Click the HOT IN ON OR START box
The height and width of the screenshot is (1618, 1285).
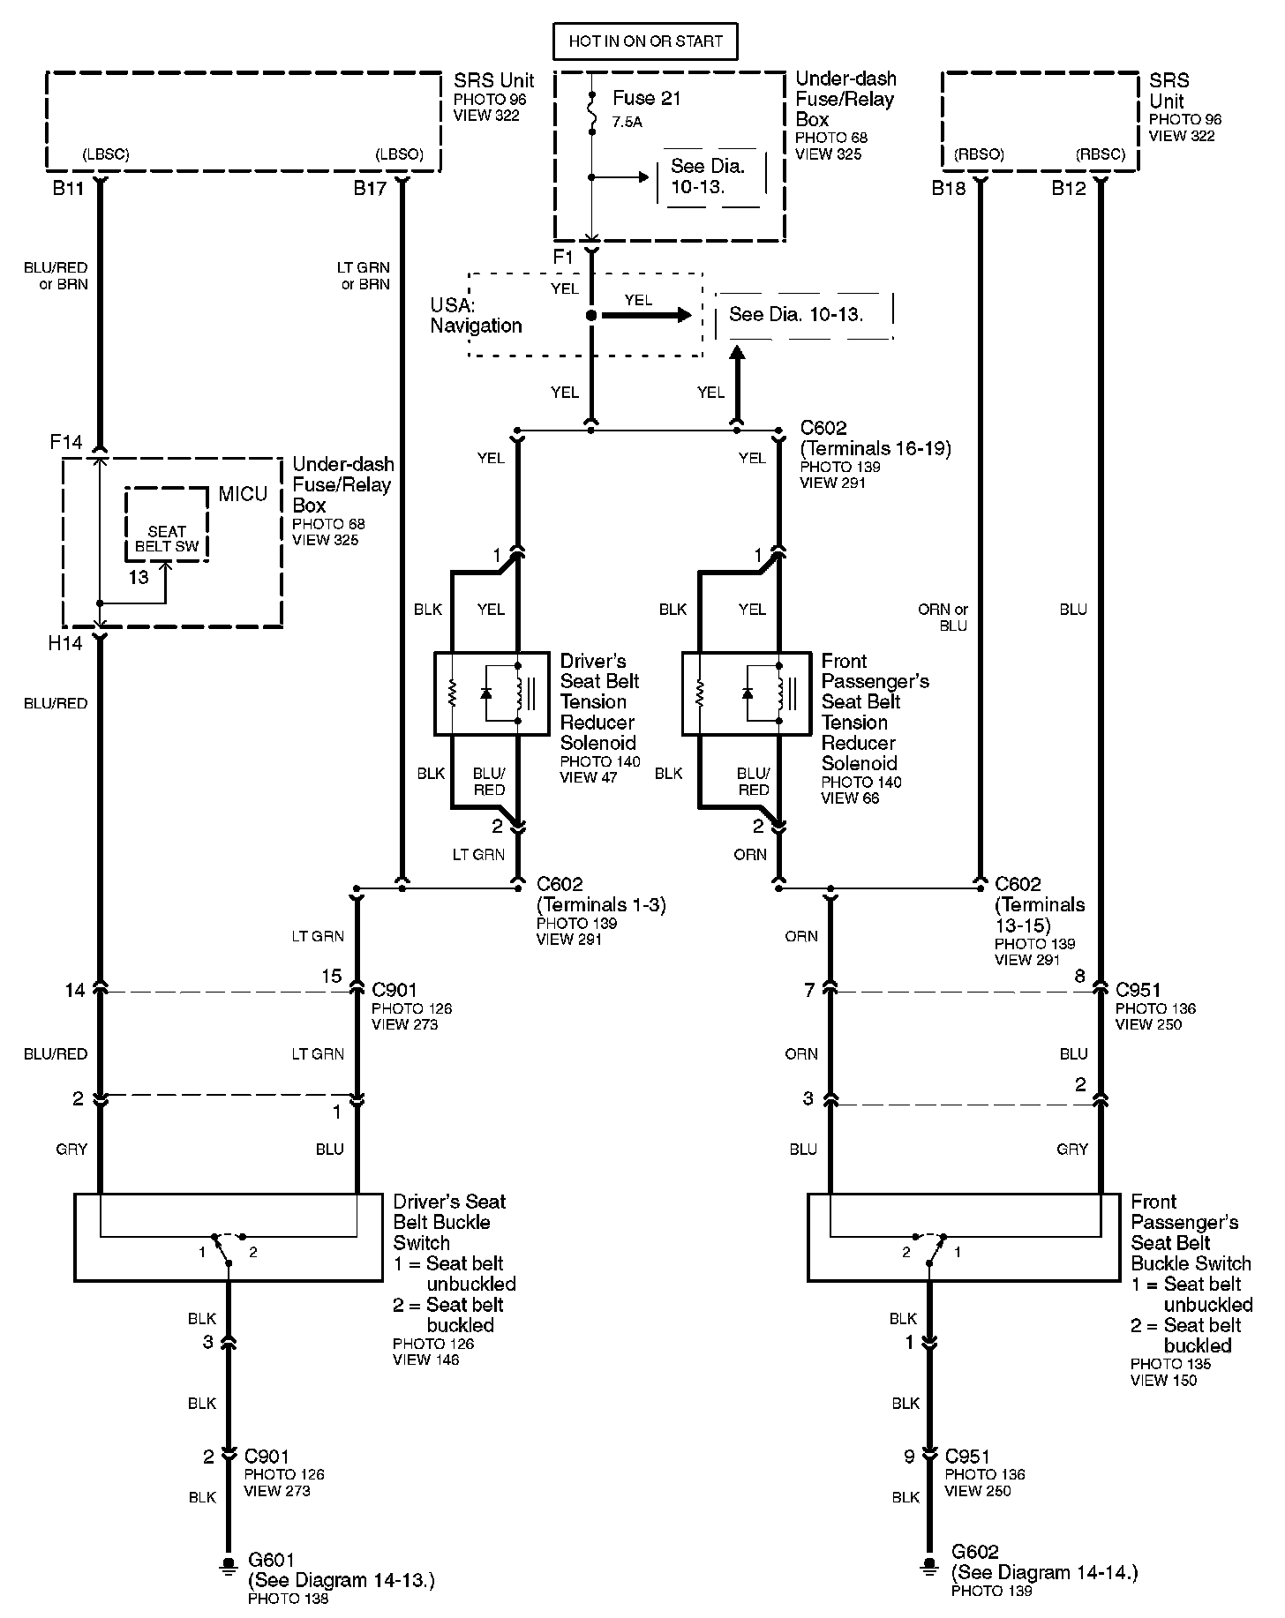645,41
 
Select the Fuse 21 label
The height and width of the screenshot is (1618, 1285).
646,98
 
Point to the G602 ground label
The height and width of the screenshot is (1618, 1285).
974,1551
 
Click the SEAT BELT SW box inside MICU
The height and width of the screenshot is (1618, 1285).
167,538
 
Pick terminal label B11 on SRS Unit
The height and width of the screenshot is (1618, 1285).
68,188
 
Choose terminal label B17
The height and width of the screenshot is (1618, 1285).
371,188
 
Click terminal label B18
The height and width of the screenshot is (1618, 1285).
949,188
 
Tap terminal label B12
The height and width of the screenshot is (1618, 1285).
1068,188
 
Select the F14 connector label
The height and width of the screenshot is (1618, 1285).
66,441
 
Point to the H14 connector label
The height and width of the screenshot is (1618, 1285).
65,644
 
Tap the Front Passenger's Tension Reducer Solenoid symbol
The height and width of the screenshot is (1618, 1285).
747,693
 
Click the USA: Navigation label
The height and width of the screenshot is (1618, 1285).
476,316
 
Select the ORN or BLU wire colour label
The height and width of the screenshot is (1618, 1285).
943,618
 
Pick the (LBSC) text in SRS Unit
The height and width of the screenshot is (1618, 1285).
106,154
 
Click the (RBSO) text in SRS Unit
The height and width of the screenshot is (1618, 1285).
979,154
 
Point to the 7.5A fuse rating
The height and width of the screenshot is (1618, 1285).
627,123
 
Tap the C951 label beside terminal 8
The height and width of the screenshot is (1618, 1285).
1138,990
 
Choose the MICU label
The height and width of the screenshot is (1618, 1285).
243,494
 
